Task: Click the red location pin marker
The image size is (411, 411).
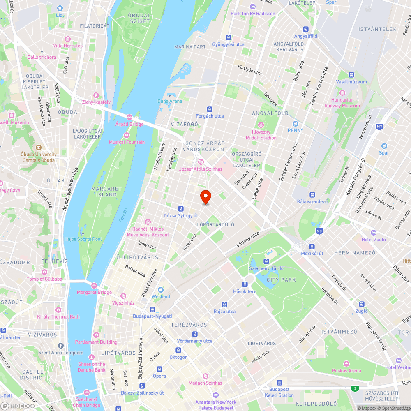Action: pyautogui.click(x=205, y=197)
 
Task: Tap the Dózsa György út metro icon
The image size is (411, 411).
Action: pyautogui.click(x=181, y=209)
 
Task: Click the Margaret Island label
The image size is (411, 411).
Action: pyautogui.click(x=107, y=192)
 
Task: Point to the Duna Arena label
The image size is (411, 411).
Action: pyautogui.click(x=169, y=101)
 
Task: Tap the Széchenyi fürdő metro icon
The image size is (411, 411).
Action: pyautogui.click(x=266, y=261)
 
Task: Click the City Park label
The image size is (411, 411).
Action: pyautogui.click(x=281, y=280)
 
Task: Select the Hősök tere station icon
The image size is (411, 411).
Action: pyautogui.click(x=245, y=284)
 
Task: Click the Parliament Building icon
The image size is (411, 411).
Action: pyautogui.click(x=96, y=335)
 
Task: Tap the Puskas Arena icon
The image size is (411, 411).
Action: pyautogui.click(x=346, y=364)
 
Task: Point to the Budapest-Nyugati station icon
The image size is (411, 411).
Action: pyautogui.click(x=152, y=309)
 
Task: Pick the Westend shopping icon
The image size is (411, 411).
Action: pyautogui.click(x=160, y=290)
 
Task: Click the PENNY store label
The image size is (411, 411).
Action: pyautogui.click(x=296, y=130)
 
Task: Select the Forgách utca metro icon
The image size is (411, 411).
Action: pyautogui.click(x=210, y=109)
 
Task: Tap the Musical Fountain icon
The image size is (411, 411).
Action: pyautogui.click(x=127, y=135)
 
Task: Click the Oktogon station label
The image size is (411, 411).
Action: pyautogui.click(x=178, y=357)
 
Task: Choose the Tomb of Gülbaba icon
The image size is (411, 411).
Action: pyautogui.click(x=44, y=272)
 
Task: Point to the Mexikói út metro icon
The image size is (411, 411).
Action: pyautogui.click(x=312, y=246)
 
